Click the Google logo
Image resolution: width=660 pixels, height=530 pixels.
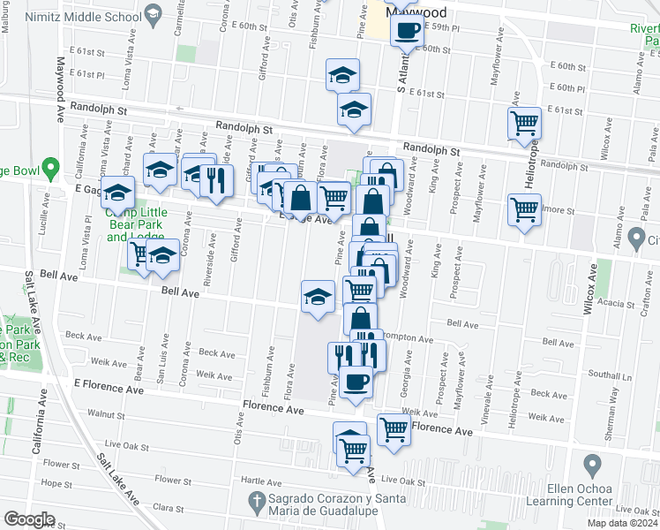click(30, 519)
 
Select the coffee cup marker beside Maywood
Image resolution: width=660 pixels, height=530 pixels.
click(407, 29)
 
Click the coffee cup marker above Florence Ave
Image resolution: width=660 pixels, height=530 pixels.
click(356, 382)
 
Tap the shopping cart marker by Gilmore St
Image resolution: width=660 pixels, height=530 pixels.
click(525, 210)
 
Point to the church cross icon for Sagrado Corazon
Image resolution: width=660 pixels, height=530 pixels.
click(256, 503)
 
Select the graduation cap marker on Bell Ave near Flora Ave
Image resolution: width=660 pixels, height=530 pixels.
click(319, 296)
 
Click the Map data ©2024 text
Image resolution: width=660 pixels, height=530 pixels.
click(620, 523)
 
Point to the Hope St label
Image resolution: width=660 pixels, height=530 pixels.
click(56, 484)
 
